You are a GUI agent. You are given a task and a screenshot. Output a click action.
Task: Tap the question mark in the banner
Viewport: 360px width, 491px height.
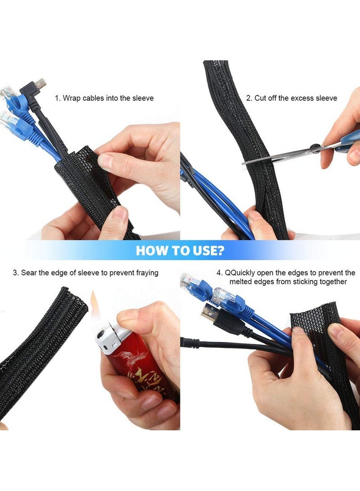[x=220, y=251]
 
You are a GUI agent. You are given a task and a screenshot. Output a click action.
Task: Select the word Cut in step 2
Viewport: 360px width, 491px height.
[x=261, y=98]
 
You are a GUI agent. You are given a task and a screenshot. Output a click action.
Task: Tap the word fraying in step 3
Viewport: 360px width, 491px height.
[x=145, y=273]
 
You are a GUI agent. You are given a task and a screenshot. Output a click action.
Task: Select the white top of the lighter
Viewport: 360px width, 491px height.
[x=108, y=336]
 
